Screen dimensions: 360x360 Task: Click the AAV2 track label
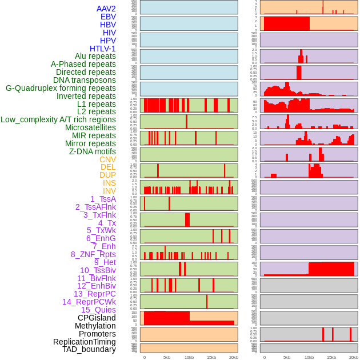pyautogui.click(x=106, y=9)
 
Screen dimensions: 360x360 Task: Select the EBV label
pyautogui.click(x=108, y=17)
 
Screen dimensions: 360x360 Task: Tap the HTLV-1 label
pyautogui.click(x=102, y=49)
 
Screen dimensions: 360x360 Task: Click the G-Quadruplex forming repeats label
pyautogui.click(x=61, y=88)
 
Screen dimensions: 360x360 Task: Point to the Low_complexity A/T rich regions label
pyautogui.click(x=58, y=119)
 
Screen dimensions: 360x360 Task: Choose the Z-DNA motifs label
pyautogui.click(x=92, y=151)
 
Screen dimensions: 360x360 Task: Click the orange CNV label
pyautogui.click(x=107, y=159)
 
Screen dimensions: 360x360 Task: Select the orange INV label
pyautogui.click(x=109, y=191)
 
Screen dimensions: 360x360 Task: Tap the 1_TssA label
pyautogui.click(x=103, y=199)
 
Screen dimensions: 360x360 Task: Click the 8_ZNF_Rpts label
pyautogui.click(x=93, y=254)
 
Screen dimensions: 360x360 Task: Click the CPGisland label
pyautogui.click(x=97, y=318)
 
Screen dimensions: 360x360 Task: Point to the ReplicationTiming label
pyautogui.click(x=84, y=342)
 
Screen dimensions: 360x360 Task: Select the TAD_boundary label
pyautogui.click(x=89, y=349)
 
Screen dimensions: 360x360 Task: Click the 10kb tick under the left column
pyautogui.click(x=189, y=357)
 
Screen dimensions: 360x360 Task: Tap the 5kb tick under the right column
pyautogui.click(x=287, y=357)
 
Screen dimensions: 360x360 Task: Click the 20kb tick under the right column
pyautogui.click(x=354, y=357)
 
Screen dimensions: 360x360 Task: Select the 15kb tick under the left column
pyautogui.click(x=211, y=357)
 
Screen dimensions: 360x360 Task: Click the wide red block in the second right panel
pyautogui.click(x=286, y=23)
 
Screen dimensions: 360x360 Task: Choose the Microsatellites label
pyautogui.click(x=90, y=127)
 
